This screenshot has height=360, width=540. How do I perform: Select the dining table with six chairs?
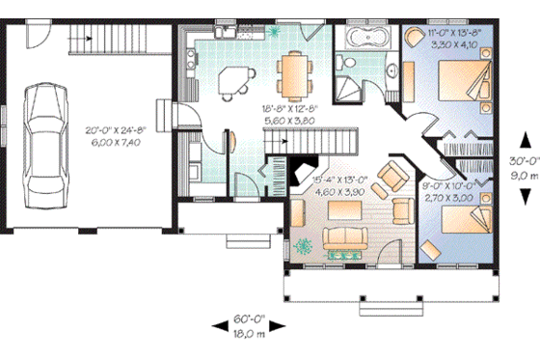coord(294,73)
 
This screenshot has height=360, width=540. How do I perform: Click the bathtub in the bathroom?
coord(365,40)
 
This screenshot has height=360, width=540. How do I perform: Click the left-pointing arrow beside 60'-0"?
coord(217,328)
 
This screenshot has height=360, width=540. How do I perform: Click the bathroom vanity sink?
coord(393,70)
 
